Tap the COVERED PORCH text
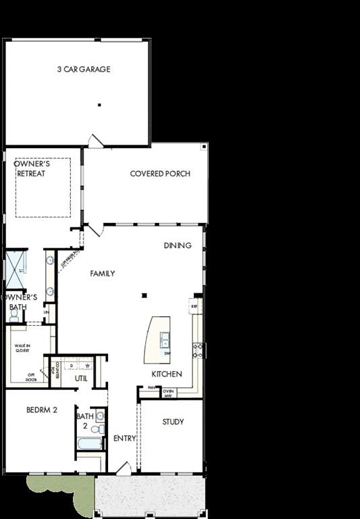[x=160, y=174]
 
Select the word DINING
[x=178, y=245]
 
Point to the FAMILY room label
[x=103, y=274]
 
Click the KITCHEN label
[x=166, y=374]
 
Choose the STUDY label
[x=173, y=422]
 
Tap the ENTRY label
[x=124, y=438]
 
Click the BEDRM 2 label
[x=42, y=410]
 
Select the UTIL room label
[x=82, y=378]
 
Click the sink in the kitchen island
[x=165, y=339]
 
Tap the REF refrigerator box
[x=195, y=306]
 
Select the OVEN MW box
[x=169, y=393]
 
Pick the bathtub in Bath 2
[x=90, y=444]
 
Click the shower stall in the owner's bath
[x=15, y=269]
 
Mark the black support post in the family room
[x=143, y=295]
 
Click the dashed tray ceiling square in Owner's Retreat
[x=43, y=188]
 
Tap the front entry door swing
[x=123, y=468]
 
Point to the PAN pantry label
[x=151, y=388]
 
